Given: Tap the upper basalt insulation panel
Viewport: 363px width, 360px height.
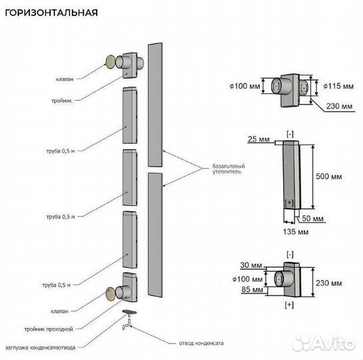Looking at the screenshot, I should pyautogui.click(x=155, y=104).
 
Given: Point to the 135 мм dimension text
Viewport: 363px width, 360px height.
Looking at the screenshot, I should pyautogui.click(x=290, y=232).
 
